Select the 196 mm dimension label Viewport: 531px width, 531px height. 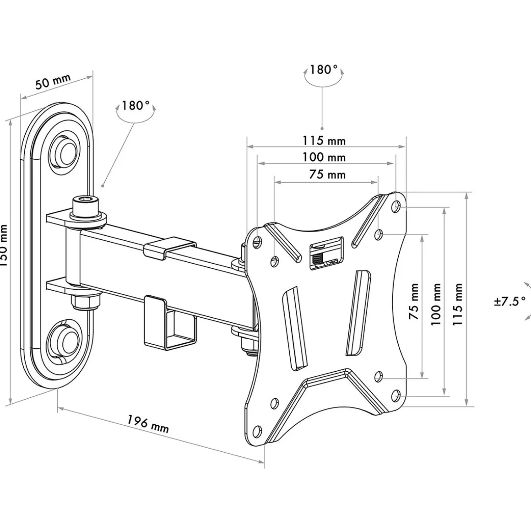[147, 424]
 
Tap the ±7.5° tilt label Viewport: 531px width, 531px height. [509, 302]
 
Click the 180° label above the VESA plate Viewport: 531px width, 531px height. [323, 70]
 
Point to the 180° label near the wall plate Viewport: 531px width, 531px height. [135, 106]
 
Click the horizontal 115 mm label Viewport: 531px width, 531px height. [324, 141]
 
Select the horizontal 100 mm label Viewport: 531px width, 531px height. [324, 157]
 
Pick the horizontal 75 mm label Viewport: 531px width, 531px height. [327, 174]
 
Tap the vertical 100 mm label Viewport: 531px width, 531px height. [436, 303]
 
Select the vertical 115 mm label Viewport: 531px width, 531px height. [458, 304]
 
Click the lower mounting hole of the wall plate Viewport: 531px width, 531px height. [65, 340]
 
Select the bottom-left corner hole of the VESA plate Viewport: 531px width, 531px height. [257, 431]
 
